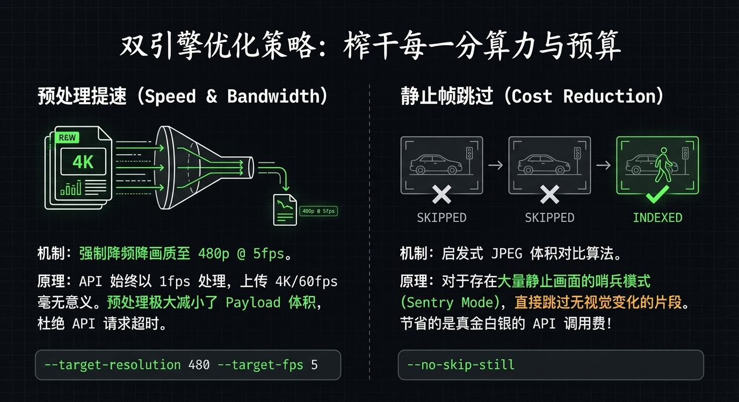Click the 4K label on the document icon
[83, 162]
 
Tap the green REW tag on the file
[67, 138]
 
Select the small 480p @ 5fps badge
[318, 211]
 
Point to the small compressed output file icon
[285, 210]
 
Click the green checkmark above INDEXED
[657, 195]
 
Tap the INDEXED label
[657, 218]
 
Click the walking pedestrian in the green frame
[664, 164]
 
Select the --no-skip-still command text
[461, 365]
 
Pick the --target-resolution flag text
[112, 365]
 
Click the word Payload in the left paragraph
[253, 303]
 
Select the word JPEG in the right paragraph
[506, 253]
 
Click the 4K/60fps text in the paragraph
[307, 281]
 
